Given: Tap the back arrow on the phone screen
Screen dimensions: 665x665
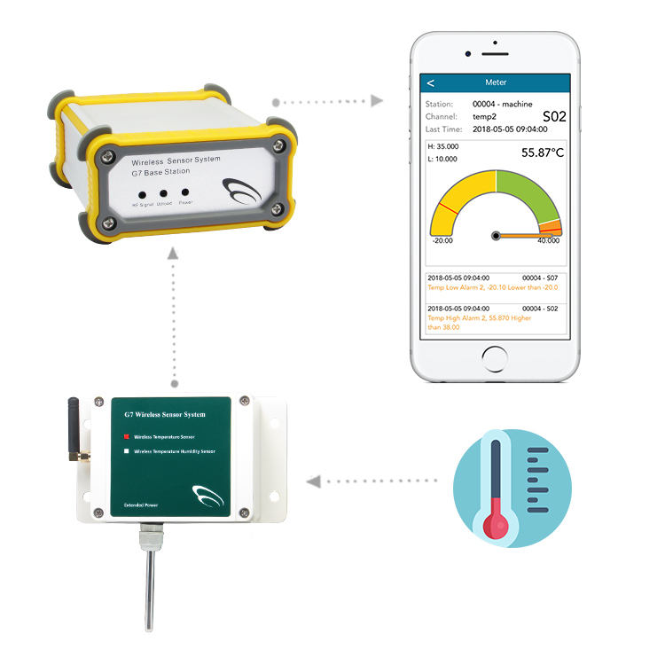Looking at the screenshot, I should tap(431, 82).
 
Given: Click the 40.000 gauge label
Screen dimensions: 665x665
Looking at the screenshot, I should tap(548, 240).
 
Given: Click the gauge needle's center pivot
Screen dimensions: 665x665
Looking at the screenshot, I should tap(497, 236).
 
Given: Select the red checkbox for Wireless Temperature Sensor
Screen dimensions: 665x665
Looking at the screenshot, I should tap(127, 436).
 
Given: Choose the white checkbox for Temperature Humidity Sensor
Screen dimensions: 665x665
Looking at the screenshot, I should tap(127, 451).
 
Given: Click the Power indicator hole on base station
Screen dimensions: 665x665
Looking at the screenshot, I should tap(185, 192).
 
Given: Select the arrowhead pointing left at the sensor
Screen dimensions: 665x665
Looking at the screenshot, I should tap(311, 481).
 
